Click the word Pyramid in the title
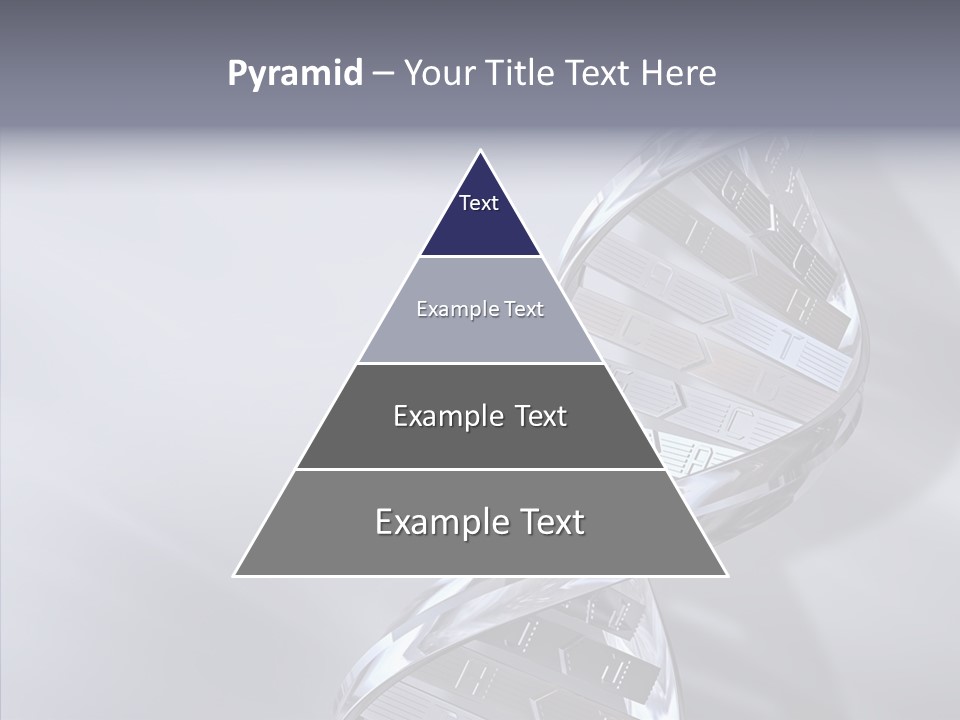tap(295, 74)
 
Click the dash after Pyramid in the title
tap(383, 74)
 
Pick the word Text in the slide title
tap(599, 74)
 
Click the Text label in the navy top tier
tap(479, 203)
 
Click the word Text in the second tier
tap(524, 309)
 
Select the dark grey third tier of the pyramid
tap(480, 445)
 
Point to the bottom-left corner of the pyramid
tap(235, 575)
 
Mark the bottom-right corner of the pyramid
tap(727, 575)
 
